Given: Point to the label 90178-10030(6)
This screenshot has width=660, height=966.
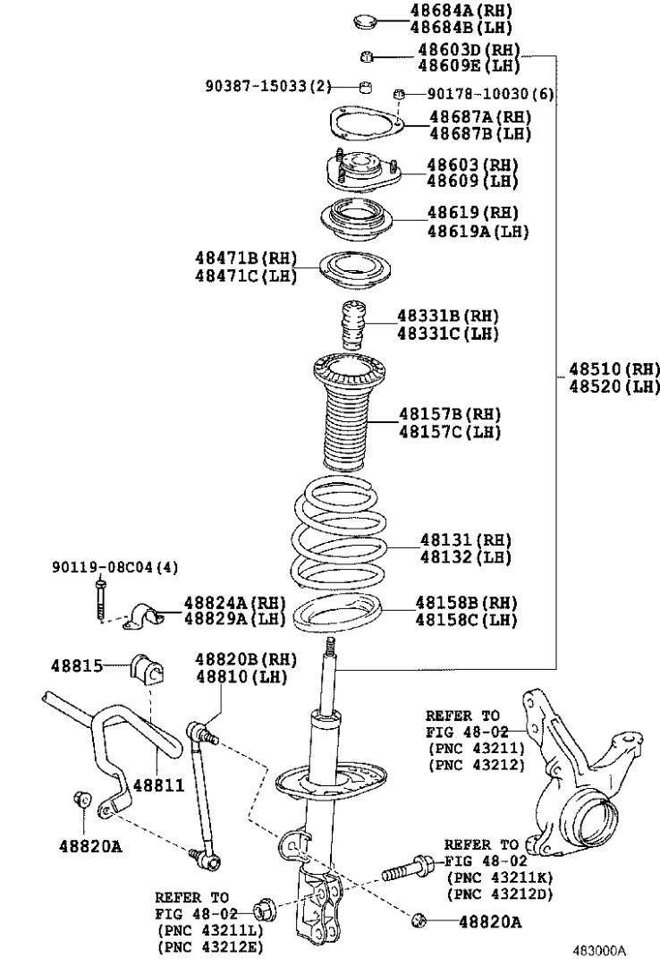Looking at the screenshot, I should click(489, 93).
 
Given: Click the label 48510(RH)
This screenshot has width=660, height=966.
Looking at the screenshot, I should click(613, 369).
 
